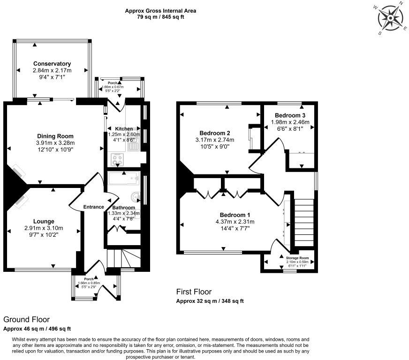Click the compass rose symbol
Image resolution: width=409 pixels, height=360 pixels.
pyautogui.click(x=391, y=19)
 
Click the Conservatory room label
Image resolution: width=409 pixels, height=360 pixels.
pyautogui.click(x=52, y=64)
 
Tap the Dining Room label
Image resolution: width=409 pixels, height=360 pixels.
pyautogui.click(x=56, y=136)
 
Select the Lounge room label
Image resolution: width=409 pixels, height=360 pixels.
pyautogui.click(x=44, y=221)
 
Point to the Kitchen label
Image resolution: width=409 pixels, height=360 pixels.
pyautogui.click(x=121, y=129)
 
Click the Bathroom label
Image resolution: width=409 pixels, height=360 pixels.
pyautogui.click(x=124, y=208)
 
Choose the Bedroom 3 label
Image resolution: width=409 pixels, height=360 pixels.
pyautogui.click(x=290, y=115)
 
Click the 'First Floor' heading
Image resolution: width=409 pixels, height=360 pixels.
pyautogui.click(x=194, y=292)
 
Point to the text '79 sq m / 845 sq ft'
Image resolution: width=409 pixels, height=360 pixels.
pyautogui.click(x=160, y=17)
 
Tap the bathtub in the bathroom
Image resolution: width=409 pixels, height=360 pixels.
pyautogui.click(x=122, y=178)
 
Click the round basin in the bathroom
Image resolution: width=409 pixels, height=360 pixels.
pyautogui.click(x=136, y=197)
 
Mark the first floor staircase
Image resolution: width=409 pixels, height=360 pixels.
pyautogui.click(x=304, y=220)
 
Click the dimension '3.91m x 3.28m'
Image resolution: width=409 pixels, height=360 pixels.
pyautogui.click(x=56, y=143)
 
